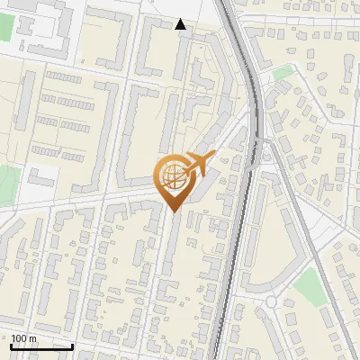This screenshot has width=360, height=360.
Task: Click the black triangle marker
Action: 181,24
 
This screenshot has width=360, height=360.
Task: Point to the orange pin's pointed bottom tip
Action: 173,211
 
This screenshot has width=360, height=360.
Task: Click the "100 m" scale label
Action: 23,337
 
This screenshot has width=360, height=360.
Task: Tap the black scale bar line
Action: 40,346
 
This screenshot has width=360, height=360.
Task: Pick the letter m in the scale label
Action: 32,337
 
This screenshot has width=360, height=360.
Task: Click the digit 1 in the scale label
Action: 13,337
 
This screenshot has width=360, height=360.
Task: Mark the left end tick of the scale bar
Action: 10,344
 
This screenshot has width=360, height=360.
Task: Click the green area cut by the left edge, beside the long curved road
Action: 7,184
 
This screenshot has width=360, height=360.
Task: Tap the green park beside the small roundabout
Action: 310,286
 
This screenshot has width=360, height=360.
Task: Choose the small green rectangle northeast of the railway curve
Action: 283,73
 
